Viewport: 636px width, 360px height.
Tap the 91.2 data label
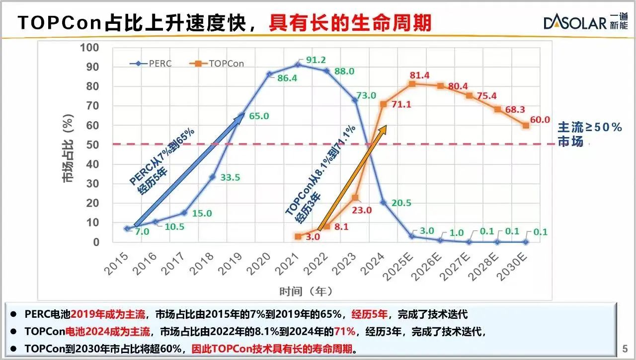tap(316, 60)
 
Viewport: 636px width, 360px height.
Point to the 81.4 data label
tap(419, 75)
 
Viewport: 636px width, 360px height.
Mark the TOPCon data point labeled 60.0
tap(526, 125)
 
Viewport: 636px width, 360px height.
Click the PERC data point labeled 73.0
tap(355, 100)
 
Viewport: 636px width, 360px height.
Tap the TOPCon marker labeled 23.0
tap(355, 198)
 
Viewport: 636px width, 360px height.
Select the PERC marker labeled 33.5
tap(212, 177)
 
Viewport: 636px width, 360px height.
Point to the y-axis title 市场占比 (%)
tap(69, 148)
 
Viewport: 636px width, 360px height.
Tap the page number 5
tap(625, 348)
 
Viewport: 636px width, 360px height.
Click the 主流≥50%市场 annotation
tap(589, 134)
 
